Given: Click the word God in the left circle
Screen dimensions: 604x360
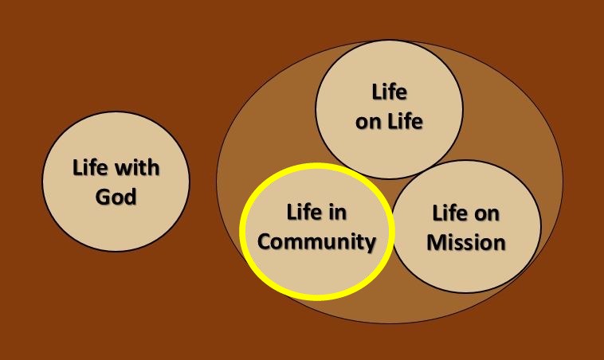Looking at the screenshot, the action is click(116, 197).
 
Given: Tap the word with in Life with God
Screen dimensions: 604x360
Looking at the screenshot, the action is click(138, 167).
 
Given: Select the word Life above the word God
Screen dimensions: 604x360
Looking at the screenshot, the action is click(90, 167).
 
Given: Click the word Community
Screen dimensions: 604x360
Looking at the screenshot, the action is click(316, 243).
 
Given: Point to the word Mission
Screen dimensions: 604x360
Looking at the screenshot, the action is click(466, 243).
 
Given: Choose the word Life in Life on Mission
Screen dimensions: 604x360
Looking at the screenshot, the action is click(449, 213).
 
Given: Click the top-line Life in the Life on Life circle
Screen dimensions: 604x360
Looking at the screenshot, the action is click(389, 92).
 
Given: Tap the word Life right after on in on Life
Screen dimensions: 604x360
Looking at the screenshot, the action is click(405, 121).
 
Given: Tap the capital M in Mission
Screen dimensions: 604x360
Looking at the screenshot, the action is click(437, 243).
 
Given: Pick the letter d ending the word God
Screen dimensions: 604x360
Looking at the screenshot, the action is click(131, 197).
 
